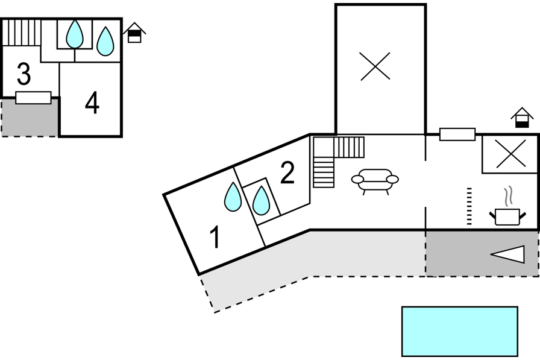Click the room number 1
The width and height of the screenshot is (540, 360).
click(x=215, y=236)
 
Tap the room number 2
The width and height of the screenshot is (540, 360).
click(x=287, y=172)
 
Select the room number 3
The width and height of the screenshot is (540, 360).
click(x=24, y=74)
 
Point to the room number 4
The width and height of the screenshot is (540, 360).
click(x=92, y=103)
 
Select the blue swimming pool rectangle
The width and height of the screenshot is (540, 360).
click(x=460, y=331)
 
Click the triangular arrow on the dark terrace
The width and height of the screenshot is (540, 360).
click(x=507, y=254)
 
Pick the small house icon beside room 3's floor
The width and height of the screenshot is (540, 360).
click(x=134, y=33)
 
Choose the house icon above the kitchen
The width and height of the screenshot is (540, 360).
click(x=522, y=118)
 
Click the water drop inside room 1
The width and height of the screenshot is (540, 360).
click(x=233, y=197)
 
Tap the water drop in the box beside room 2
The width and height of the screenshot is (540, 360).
click(x=261, y=200)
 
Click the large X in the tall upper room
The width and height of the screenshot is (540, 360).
click(x=375, y=66)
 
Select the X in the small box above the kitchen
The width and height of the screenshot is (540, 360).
click(x=511, y=154)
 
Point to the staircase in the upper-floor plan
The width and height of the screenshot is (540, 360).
click(x=22, y=33)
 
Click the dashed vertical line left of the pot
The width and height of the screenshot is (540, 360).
click(x=469, y=206)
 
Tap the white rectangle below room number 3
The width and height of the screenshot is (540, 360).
click(x=33, y=98)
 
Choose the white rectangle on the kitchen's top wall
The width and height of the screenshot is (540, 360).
click(x=457, y=134)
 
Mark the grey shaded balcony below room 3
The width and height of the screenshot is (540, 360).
click(x=30, y=118)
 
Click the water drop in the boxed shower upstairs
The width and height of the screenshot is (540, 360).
click(x=75, y=34)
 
